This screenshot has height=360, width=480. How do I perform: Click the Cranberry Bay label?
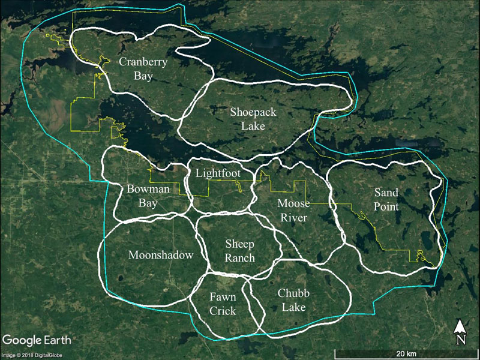(x=143, y=68)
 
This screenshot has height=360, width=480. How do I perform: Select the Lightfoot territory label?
(x=218, y=173)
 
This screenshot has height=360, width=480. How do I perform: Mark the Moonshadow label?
(x=161, y=255)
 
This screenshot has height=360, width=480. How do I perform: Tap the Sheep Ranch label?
(x=240, y=251)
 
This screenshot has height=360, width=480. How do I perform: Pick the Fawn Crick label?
(x=223, y=304)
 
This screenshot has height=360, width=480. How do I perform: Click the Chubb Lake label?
(x=292, y=300)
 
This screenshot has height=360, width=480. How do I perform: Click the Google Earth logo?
(x=36, y=340)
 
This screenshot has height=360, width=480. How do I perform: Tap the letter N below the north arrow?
(x=460, y=340)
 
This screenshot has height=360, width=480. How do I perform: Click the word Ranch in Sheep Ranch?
(x=240, y=259)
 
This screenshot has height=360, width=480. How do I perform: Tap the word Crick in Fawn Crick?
(x=223, y=311)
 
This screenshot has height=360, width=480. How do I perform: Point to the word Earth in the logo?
(x=55, y=340)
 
